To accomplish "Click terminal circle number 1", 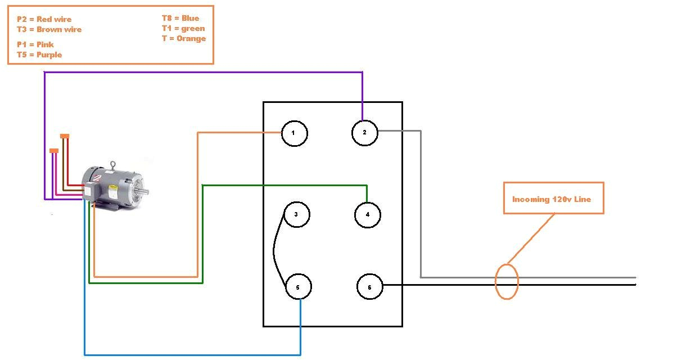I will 294,133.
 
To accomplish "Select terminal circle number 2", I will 365,133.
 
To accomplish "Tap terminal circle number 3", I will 296,214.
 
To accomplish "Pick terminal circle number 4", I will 368,214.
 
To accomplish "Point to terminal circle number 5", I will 298,287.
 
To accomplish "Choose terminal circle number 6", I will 369,287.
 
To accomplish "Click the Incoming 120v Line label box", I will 553,198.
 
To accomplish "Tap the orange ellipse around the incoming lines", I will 506,281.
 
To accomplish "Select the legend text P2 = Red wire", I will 44,19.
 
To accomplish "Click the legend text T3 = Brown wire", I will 49,29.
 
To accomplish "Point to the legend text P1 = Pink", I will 35,44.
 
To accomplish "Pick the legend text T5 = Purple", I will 39,55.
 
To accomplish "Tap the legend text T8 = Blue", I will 180,18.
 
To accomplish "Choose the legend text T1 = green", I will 183,28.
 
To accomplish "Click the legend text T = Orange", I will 183,39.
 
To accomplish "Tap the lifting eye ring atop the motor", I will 113,164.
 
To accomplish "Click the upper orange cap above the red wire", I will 65,136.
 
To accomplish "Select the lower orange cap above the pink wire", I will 54,150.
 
